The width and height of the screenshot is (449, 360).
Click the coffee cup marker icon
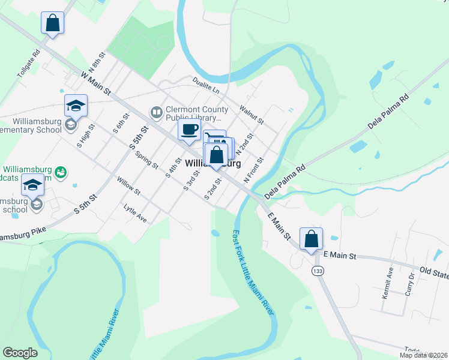(189, 130)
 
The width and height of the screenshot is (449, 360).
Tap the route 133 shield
(316, 271)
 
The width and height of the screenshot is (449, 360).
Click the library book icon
(156, 112)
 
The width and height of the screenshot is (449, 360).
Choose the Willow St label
(128, 186)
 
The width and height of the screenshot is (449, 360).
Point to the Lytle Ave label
(135, 212)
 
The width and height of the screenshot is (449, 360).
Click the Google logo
(20, 353)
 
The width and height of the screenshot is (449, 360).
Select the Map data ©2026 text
(423, 355)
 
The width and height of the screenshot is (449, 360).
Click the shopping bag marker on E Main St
(311, 239)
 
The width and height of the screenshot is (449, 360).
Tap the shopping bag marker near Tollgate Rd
(53, 23)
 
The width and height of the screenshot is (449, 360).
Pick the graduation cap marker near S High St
(76, 106)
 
